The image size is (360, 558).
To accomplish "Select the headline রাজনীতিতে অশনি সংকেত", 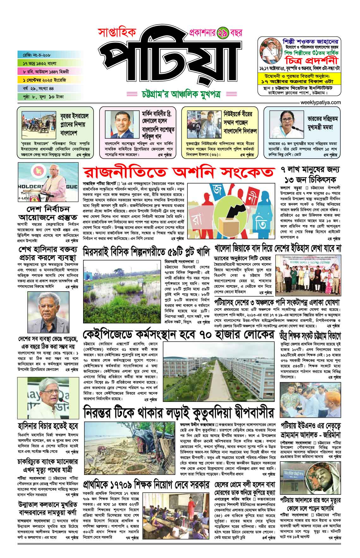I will click(x=178, y=173).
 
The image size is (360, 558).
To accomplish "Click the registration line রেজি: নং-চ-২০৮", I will click(x=33, y=55).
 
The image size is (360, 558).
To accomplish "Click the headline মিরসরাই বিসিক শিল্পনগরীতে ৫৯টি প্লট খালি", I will click(x=146, y=252).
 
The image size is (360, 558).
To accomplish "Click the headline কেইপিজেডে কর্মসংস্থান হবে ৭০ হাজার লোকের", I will click(x=178, y=335).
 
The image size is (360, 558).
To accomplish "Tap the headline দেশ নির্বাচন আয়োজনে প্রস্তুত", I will click(x=48, y=213).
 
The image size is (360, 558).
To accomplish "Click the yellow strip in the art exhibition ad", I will click(x=299, y=79).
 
